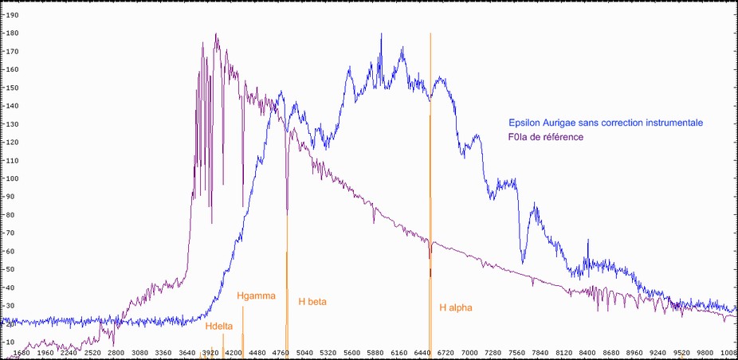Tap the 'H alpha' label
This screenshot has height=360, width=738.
(456, 307)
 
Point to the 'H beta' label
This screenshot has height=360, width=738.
(312, 302)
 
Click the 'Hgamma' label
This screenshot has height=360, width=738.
(256, 295)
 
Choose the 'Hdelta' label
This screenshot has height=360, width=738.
(219, 326)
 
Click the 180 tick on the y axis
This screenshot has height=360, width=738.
(12, 33)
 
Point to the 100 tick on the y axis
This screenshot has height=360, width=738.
(12, 178)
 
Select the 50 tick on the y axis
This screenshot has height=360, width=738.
(12, 269)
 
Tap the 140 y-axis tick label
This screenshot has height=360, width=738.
(12, 106)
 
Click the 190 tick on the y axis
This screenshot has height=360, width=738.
(12, 15)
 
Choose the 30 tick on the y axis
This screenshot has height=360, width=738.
(12, 305)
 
